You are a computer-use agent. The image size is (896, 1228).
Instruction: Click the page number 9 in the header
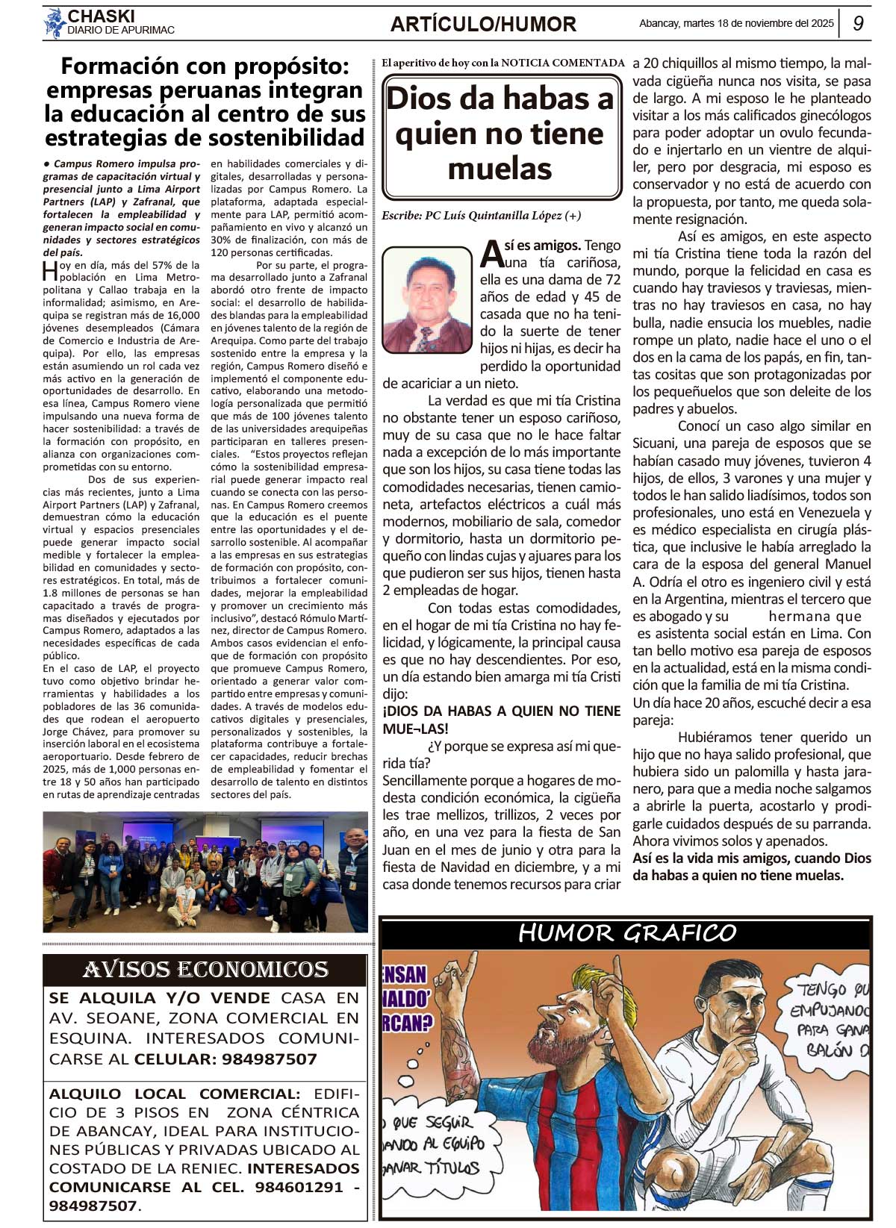click(x=858, y=23)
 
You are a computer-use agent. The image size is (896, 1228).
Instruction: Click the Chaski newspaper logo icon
click(x=54, y=22)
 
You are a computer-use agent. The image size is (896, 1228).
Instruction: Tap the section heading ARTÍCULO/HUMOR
click(x=483, y=25)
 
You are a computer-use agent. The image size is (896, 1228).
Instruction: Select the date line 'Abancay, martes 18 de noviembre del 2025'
click(x=736, y=23)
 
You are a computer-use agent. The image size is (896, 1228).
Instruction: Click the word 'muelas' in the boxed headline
click(x=500, y=169)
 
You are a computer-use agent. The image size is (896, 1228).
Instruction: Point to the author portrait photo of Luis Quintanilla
click(x=428, y=299)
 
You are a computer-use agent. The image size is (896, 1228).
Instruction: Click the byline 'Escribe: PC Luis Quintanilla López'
click(x=481, y=216)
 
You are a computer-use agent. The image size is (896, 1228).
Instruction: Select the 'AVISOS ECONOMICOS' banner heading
click(x=205, y=969)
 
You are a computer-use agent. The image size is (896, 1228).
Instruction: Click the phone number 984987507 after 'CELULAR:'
click(x=270, y=1059)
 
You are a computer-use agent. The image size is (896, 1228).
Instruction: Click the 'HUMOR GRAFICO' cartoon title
click(x=626, y=933)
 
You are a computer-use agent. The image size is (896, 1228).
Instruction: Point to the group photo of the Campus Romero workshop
click(x=205, y=872)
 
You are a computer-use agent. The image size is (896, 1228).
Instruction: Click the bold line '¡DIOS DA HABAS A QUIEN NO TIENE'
click(x=501, y=711)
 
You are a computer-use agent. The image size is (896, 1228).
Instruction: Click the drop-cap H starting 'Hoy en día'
click(x=49, y=269)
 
